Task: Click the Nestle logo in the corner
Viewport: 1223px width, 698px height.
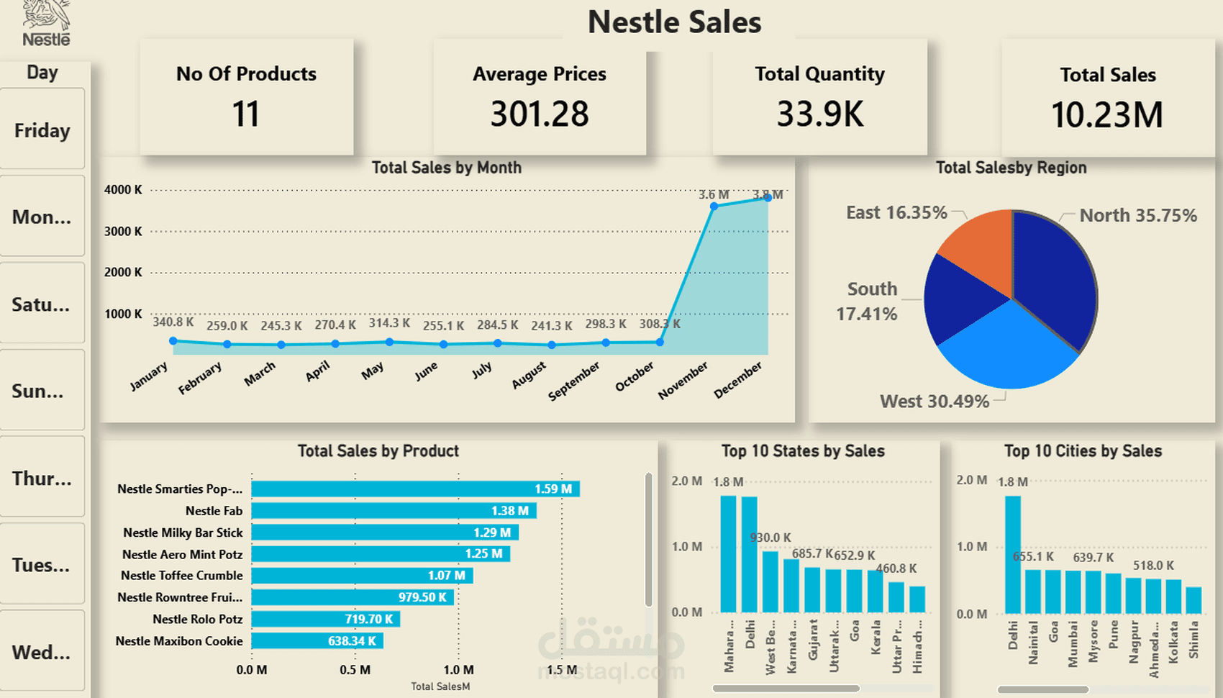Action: [x=46, y=24]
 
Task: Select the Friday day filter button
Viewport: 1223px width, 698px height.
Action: [x=42, y=130]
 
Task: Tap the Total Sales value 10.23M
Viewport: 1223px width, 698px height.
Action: [x=1107, y=115]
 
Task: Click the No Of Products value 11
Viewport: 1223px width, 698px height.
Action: [x=245, y=114]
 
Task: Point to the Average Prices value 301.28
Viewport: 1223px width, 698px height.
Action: [x=540, y=114]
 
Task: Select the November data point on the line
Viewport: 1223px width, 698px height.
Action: [x=714, y=207]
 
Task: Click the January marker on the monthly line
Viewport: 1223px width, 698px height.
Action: [x=173, y=341]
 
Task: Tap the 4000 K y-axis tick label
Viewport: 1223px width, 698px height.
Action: [x=123, y=190]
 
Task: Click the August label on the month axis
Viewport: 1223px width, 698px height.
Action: [x=529, y=376]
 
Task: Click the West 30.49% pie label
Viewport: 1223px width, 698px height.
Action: [x=934, y=402]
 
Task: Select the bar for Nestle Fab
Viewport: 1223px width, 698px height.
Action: [x=394, y=511]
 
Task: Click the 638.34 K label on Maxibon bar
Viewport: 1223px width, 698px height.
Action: [x=352, y=641]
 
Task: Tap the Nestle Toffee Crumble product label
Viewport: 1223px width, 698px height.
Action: [x=181, y=576]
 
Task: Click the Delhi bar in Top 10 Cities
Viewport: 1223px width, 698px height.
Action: [x=1013, y=554]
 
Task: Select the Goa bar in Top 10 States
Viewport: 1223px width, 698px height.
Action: [x=854, y=591]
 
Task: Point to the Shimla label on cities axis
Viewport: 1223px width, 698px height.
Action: [x=1194, y=640]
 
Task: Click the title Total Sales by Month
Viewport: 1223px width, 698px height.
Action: [x=446, y=168]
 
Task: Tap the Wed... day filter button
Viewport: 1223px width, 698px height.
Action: [x=42, y=652]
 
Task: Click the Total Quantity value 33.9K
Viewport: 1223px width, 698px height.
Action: [x=819, y=114]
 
